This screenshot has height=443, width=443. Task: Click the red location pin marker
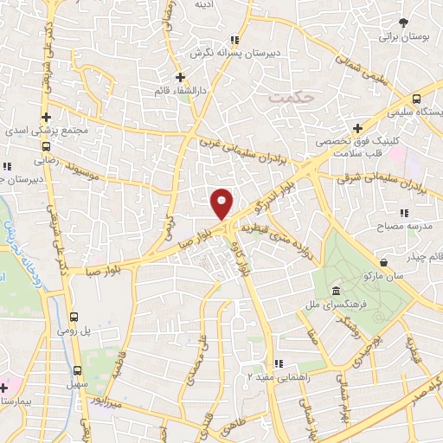(x=222, y=202)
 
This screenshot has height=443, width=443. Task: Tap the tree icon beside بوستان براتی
(x=403, y=23)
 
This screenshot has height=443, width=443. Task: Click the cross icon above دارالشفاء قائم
(x=180, y=77)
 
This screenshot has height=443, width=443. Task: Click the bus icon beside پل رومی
(x=75, y=317)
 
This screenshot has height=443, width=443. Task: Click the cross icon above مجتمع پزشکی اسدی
(x=46, y=117)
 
